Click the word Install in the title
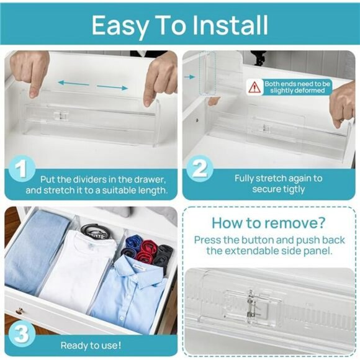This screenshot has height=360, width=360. pyautogui.click(x=230, y=25)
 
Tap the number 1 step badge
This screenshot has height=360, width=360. pyautogui.click(x=22, y=169)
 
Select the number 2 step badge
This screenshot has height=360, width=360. pyautogui.click(x=199, y=169)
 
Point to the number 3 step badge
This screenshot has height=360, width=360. pyautogui.click(x=22, y=334)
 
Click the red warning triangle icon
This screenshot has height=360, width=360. pyautogui.click(x=254, y=88)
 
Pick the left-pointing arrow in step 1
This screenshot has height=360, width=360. pyautogui.click(x=73, y=83)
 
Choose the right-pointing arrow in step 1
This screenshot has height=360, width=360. pyautogui.click(x=112, y=88)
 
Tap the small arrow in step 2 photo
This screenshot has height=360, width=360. pyautogui.click(x=190, y=77)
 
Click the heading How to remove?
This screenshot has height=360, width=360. pyautogui.click(x=269, y=222)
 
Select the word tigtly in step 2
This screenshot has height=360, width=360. pyautogui.click(x=291, y=190)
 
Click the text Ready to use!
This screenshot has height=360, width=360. pyautogui.click(x=91, y=345)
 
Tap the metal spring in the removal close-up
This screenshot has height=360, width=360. pyautogui.click(x=251, y=306)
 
